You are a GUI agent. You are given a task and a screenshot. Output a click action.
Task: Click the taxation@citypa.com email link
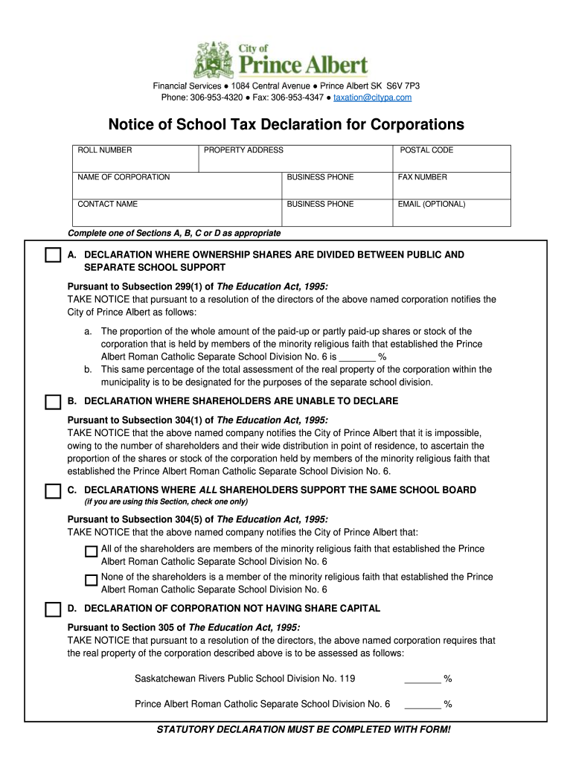tap(372, 97)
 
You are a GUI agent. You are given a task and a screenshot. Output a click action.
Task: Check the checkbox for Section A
tap(52, 255)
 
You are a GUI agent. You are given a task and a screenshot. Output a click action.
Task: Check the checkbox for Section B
tap(52, 402)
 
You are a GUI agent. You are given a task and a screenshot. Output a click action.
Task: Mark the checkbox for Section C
tap(52, 491)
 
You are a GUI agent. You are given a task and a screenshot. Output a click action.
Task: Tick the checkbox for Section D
tap(52, 609)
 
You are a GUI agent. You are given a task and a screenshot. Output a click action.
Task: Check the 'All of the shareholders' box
tap(91, 551)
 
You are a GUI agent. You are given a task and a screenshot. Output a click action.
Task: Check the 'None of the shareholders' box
tap(91, 580)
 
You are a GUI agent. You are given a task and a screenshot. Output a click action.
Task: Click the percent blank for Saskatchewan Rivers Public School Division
tap(423, 679)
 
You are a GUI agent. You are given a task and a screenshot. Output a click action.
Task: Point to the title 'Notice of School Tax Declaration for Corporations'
tap(286, 124)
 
